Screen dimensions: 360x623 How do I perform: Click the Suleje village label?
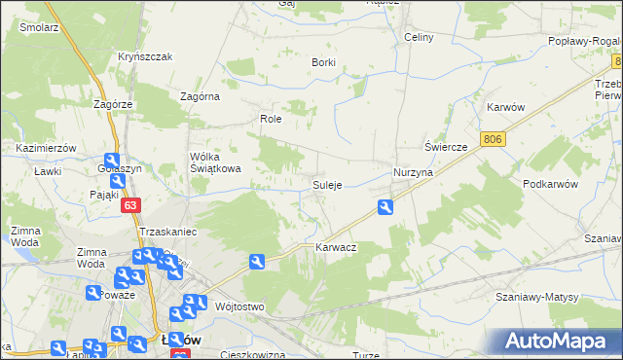tap(326, 185)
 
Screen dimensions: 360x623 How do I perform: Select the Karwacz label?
tap(336, 248)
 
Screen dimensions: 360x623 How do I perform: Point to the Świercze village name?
tap(447, 146)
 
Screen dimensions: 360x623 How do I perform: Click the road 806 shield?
tap(494, 140)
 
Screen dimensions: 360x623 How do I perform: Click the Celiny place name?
tap(418, 37)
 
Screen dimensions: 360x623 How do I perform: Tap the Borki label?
tap(323, 62)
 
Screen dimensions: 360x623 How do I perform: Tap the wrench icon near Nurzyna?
tap(386, 206)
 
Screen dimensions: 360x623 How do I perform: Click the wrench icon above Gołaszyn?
tap(112, 162)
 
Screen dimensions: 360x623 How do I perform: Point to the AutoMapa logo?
tap(561, 341)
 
